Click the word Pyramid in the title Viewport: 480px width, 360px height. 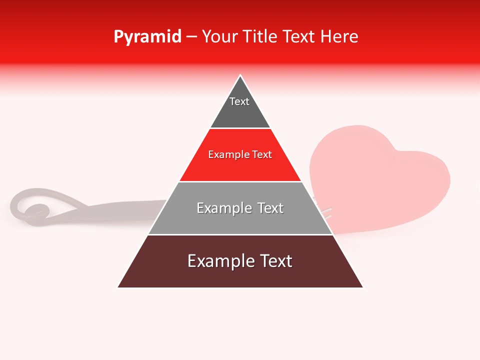coord(147,37)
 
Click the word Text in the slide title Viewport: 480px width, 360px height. coord(300,37)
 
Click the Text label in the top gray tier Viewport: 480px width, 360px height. coord(239,102)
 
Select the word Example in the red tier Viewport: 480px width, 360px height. coord(226,155)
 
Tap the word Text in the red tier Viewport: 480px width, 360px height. coord(262,155)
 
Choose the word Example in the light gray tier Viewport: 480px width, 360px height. coord(222,208)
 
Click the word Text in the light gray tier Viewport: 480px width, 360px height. coord(270,208)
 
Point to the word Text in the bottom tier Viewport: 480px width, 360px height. coord(276,261)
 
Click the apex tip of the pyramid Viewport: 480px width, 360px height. coord(240,76)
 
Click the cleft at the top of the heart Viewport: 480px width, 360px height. coord(395,147)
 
